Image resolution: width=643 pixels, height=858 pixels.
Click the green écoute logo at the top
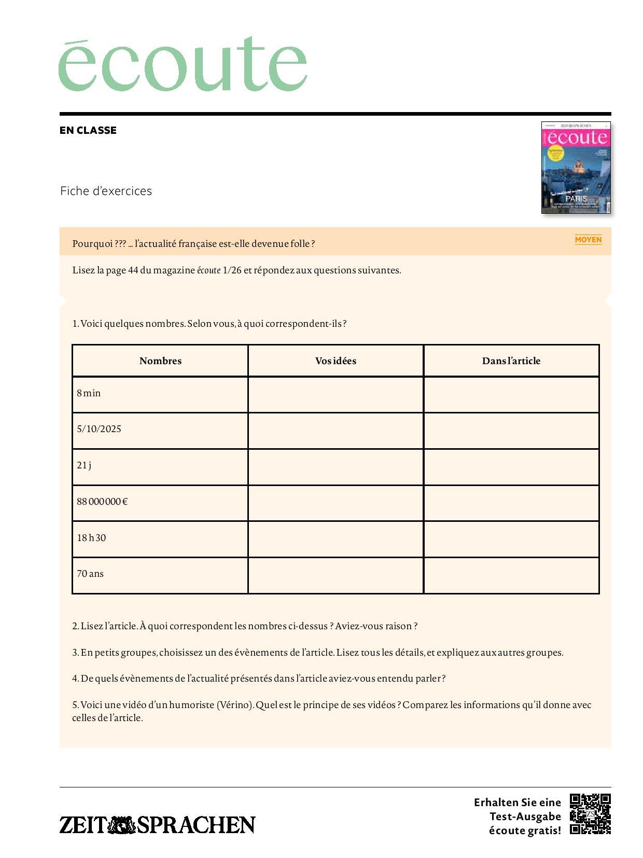point(183,64)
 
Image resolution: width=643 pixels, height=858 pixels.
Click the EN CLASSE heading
point(88,130)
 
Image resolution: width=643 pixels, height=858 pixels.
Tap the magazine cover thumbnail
point(576,168)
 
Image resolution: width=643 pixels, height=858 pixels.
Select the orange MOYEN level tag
point(588,239)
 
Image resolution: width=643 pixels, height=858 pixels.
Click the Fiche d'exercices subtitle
point(106,191)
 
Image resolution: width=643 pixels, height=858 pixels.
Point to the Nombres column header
point(160,361)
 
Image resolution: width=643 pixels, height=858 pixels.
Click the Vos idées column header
point(336,361)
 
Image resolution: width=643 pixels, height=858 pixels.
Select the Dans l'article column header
point(511,361)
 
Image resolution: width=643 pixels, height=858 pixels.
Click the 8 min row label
point(89,393)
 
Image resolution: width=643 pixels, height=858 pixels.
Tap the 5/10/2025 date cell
point(99,429)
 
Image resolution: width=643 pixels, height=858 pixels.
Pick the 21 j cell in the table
point(84,465)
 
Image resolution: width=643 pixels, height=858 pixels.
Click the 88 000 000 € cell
point(102,502)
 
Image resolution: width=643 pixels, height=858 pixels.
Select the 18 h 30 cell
point(91,538)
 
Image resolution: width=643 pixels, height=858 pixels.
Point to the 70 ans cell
point(90,574)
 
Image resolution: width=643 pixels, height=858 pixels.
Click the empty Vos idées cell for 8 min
point(336,395)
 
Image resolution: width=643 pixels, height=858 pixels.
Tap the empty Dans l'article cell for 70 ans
point(511,575)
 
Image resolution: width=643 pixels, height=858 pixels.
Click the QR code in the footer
point(590,814)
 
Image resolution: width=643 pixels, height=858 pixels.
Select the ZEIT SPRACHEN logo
point(157,824)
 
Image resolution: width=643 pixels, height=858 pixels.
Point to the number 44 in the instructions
point(133,270)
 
